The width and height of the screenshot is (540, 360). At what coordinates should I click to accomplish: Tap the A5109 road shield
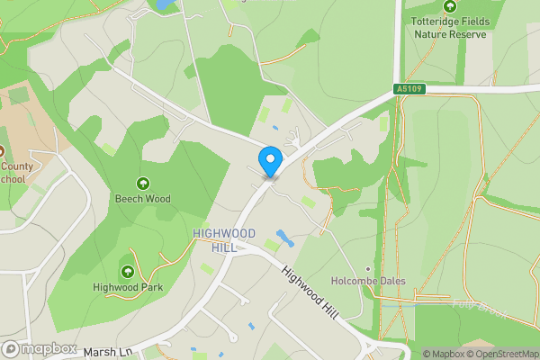coord(408,89)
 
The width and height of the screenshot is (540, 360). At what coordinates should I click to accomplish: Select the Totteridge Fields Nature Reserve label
coord(449,28)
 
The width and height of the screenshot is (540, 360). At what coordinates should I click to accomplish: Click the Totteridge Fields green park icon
coord(449,7)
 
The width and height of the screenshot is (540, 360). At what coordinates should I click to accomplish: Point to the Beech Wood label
coord(142,198)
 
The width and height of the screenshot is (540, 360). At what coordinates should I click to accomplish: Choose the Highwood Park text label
coord(127,287)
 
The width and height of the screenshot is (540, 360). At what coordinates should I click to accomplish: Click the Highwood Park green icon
coord(127,271)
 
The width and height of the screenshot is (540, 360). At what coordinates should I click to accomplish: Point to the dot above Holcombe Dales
coord(367,268)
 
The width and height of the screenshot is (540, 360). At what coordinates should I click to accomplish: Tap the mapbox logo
coord(40,348)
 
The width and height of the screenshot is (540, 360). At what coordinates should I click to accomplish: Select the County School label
coord(13,172)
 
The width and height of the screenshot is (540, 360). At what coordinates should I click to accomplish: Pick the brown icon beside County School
coord(2,151)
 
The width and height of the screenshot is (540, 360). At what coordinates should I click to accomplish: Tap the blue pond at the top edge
coord(164,4)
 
